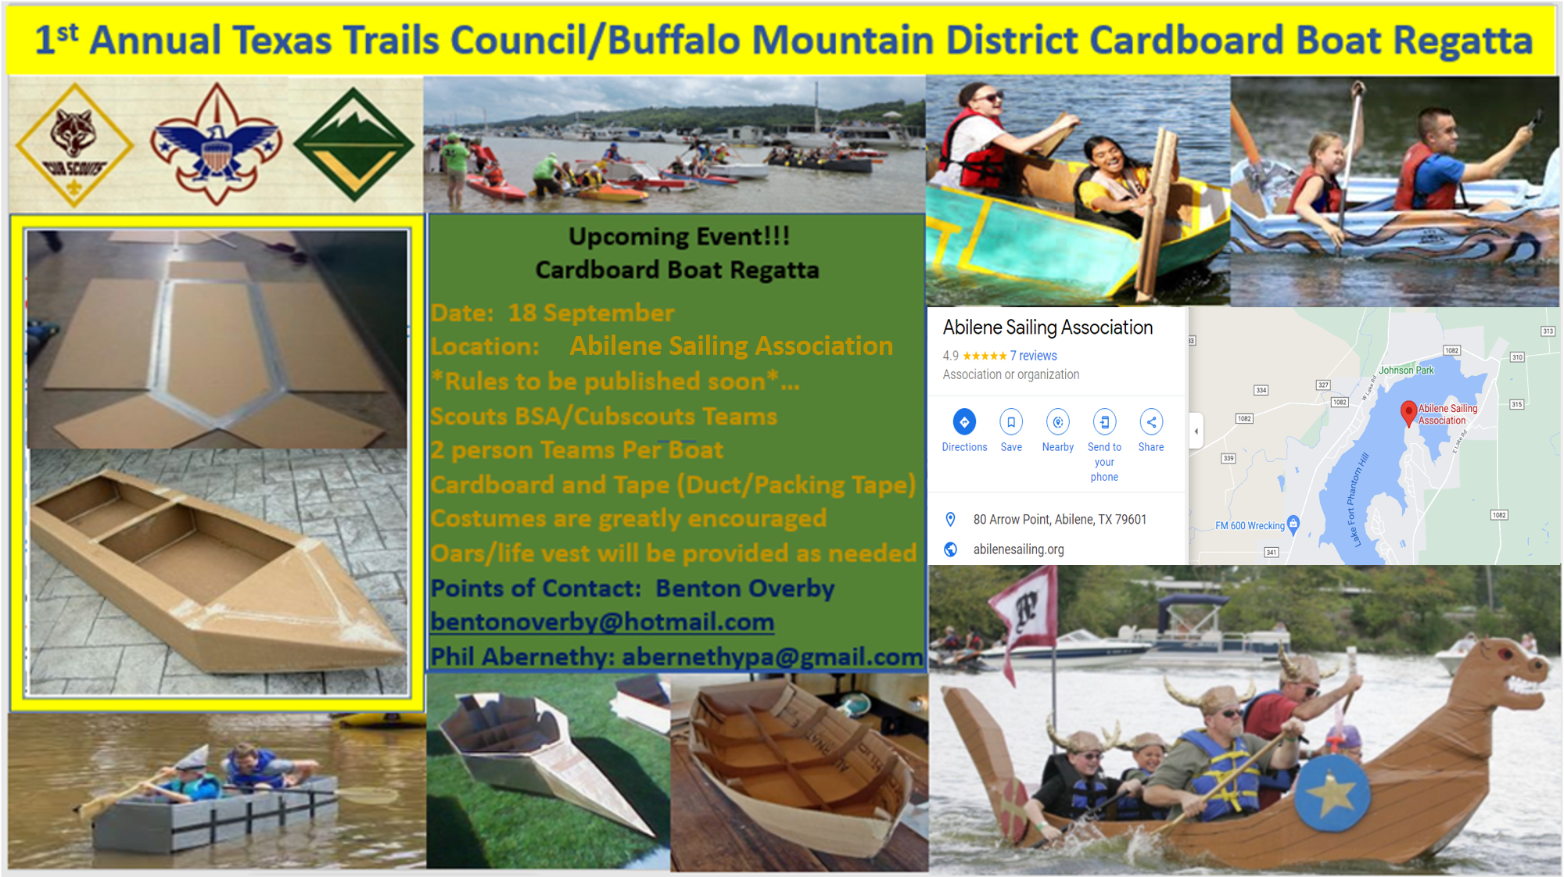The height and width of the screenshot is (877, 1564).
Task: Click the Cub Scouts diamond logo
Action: [x=74, y=145]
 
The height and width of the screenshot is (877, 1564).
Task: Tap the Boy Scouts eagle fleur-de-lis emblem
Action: [x=216, y=145]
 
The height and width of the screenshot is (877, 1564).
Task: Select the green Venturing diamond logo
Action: [x=353, y=145]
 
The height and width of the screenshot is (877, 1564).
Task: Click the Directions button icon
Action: [x=964, y=422]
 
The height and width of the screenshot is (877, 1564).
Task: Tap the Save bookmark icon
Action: [x=1011, y=422]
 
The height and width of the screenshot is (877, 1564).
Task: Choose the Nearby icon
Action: [x=1058, y=422]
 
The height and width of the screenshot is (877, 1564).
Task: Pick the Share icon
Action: [x=1151, y=422]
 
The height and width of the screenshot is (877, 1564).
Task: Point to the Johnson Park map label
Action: [x=1406, y=370]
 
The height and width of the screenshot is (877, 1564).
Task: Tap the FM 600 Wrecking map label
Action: [x=1250, y=526]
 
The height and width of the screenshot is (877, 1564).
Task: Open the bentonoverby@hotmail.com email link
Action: [x=602, y=622]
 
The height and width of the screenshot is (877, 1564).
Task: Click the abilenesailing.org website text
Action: [x=1018, y=549]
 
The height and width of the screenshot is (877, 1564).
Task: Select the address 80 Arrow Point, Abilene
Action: [x=1060, y=520]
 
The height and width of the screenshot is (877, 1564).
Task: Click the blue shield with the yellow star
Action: [x=1332, y=795]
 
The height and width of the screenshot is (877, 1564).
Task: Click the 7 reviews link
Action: [x=1033, y=356]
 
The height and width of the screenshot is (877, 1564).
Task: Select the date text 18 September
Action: [x=591, y=313]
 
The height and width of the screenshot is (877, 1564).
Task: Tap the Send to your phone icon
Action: [x=1104, y=422]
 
